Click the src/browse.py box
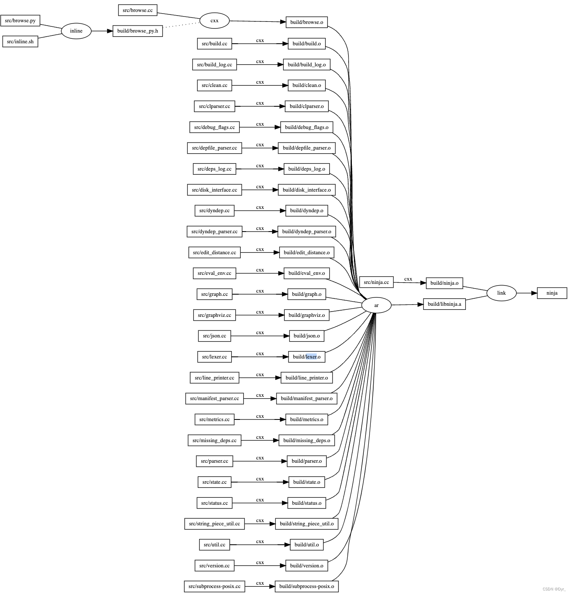pos(20,21)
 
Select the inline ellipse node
pos(76,31)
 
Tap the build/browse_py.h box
pos(137,31)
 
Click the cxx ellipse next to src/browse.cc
pos(214,21)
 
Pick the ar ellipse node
pos(376,305)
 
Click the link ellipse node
pos(501,293)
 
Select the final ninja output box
pos(552,293)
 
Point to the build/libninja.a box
pos(444,304)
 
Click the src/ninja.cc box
pos(376,282)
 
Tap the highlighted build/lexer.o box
pos(307,357)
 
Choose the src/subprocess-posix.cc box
pos(214,586)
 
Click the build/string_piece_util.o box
pos(307,524)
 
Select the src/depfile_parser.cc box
pos(214,148)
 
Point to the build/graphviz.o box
pos(307,315)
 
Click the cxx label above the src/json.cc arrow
pos(260,333)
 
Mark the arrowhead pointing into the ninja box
pos(534,293)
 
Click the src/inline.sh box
pos(20,42)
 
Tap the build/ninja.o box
pos(444,283)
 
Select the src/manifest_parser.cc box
pos(214,398)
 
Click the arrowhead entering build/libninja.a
pos(420,305)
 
